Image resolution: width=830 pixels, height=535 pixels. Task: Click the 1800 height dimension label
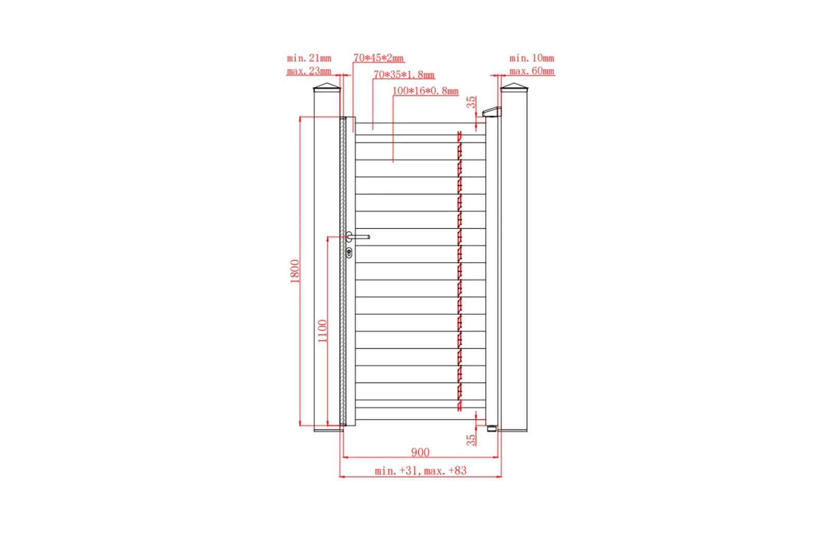point(295,272)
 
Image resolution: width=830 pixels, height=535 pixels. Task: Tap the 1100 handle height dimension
point(323,331)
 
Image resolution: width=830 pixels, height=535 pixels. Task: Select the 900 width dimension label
point(420,453)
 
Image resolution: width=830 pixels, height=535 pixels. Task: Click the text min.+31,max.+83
point(421,471)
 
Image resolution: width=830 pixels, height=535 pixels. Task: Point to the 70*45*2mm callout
point(378,58)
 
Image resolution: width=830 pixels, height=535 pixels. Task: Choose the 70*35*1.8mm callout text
point(404,75)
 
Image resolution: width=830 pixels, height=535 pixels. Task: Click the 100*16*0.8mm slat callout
point(425,91)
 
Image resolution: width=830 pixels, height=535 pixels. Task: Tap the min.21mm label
point(309,58)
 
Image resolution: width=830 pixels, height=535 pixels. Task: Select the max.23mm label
point(309,71)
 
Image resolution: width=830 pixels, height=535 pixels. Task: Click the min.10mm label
point(532,58)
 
